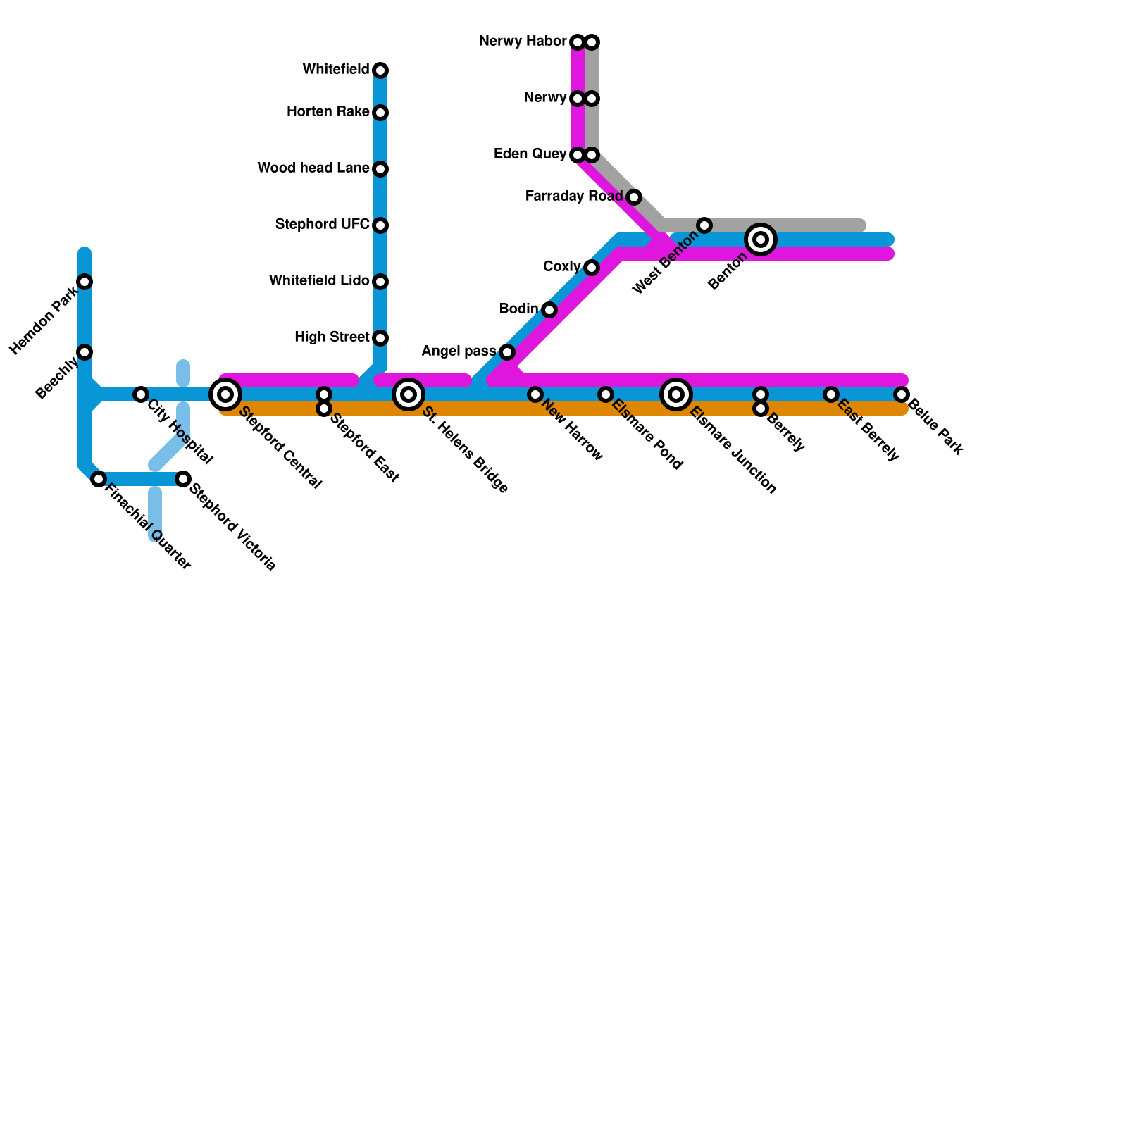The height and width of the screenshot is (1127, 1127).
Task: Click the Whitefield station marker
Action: coord(380,70)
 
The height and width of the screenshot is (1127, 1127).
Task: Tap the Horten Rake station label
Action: coord(328,112)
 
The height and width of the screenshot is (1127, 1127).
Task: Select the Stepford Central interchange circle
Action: coord(225,394)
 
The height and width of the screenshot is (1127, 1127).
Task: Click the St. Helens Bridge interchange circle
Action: coord(409,394)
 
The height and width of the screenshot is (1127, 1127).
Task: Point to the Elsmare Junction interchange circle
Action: coord(676,394)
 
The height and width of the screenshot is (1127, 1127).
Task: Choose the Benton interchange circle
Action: coord(761,239)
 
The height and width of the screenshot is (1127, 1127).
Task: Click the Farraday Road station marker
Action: coord(634,197)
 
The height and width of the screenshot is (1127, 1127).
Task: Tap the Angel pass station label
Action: coord(458,351)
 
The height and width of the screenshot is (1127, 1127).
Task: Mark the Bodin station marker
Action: coord(549,310)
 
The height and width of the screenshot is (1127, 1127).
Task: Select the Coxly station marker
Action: coord(592,268)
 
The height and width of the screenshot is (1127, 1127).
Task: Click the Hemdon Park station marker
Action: coord(85,282)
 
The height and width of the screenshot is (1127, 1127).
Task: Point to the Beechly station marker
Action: coord(85,352)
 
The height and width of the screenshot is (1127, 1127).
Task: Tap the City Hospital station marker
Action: coord(141,394)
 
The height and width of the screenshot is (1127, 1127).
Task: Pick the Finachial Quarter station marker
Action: coord(99,479)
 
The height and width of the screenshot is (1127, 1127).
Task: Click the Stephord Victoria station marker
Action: coord(183,479)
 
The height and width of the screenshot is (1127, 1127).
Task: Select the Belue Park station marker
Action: coord(902,394)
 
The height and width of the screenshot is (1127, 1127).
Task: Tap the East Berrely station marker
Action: coord(831,394)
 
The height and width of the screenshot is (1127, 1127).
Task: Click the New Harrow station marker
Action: coord(535,394)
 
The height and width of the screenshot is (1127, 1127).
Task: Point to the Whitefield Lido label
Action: coord(319,281)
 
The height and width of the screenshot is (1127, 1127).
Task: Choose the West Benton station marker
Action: coord(704,225)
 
